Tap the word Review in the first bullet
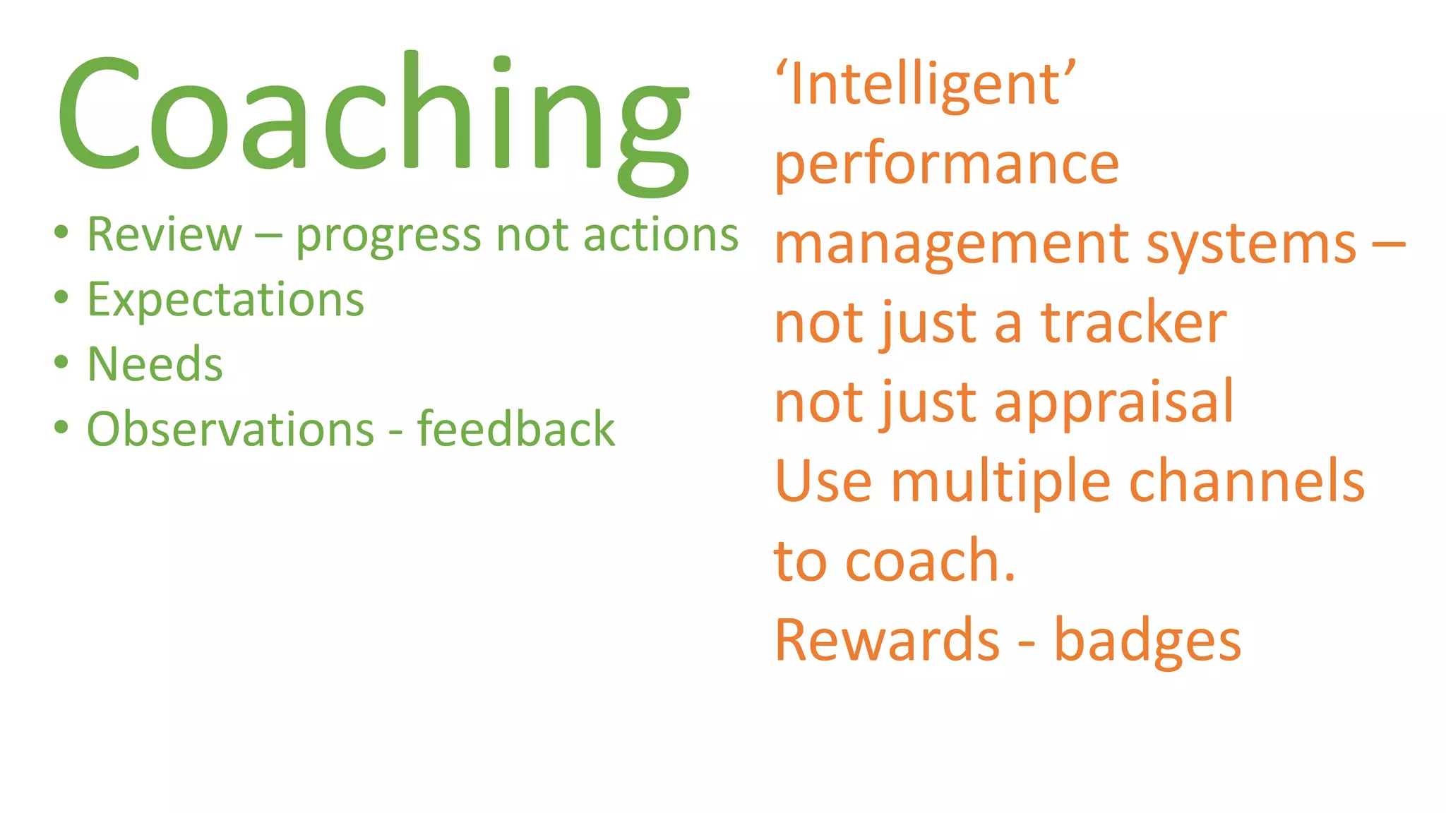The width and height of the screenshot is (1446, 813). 165,235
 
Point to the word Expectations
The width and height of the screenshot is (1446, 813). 225,300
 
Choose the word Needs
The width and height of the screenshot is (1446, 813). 155,365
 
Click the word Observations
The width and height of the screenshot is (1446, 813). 230,430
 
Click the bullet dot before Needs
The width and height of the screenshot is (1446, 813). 61,363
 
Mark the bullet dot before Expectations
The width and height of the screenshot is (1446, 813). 61,297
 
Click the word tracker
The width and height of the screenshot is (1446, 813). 1134,323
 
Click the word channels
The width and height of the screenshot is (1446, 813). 1247,482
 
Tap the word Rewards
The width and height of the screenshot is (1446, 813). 887,641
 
